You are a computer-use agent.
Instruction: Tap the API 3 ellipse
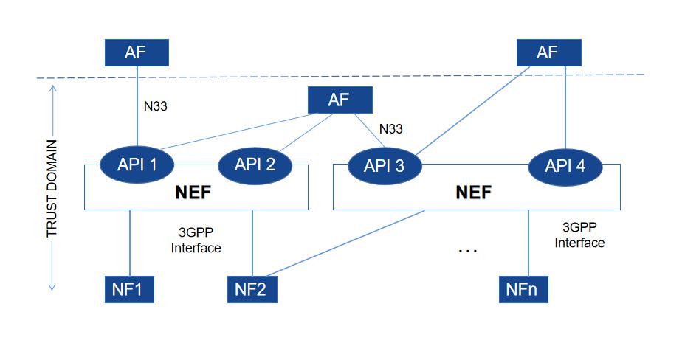(384, 165)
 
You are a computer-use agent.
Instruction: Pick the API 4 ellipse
(565, 165)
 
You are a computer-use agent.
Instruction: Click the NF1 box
(128, 288)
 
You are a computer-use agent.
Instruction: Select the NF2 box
(252, 288)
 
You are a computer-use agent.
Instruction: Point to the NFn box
(524, 288)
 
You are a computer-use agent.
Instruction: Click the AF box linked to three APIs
(339, 100)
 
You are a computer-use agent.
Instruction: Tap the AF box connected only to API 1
(137, 52)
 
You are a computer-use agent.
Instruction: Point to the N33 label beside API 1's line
(155, 106)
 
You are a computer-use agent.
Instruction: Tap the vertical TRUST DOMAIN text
(52, 188)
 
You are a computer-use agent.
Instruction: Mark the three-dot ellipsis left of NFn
(468, 250)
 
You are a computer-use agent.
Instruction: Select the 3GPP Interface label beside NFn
(579, 235)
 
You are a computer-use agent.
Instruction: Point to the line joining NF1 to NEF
(130, 240)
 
